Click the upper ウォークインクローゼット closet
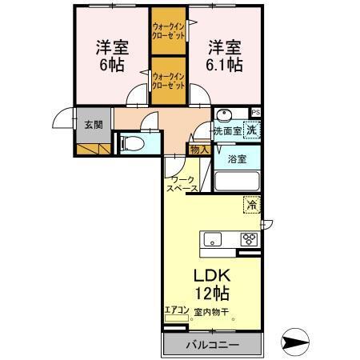click(169, 31)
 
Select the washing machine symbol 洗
click(251, 129)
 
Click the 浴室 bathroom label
click(237, 158)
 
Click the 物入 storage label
click(200, 149)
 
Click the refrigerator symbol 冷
click(252, 205)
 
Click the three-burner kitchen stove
click(250, 238)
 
